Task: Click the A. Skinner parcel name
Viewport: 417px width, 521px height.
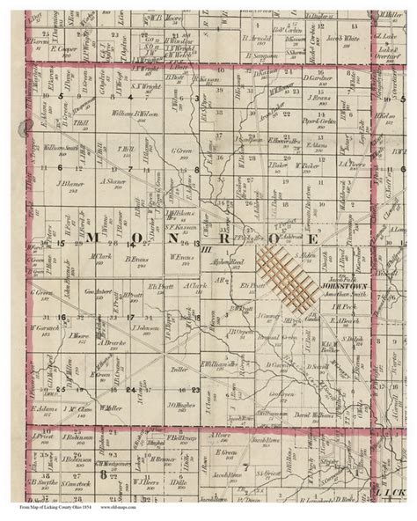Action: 114,182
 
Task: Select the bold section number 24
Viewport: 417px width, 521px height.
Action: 129,388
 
